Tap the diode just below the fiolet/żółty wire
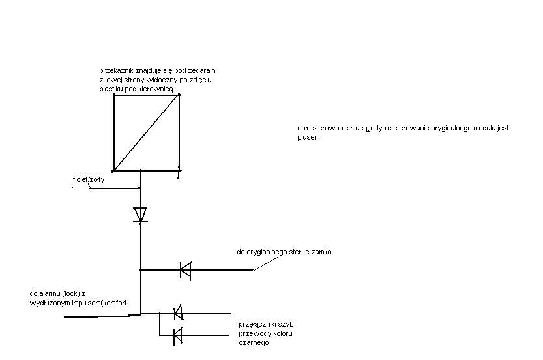(x=140, y=215)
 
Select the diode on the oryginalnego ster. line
(x=185, y=270)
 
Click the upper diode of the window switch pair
(x=178, y=313)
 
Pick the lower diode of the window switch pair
(x=178, y=335)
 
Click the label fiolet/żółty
(x=88, y=180)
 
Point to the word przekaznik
(x=116, y=71)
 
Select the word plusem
(x=308, y=137)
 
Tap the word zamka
(x=321, y=252)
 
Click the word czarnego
(x=254, y=342)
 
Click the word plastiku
(x=110, y=89)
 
